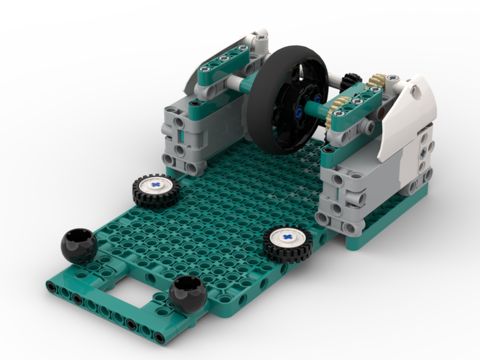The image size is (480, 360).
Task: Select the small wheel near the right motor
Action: pos(288,244)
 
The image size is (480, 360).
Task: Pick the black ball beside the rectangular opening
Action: pos(188,294)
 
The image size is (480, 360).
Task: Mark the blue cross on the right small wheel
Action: pos(287,237)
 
